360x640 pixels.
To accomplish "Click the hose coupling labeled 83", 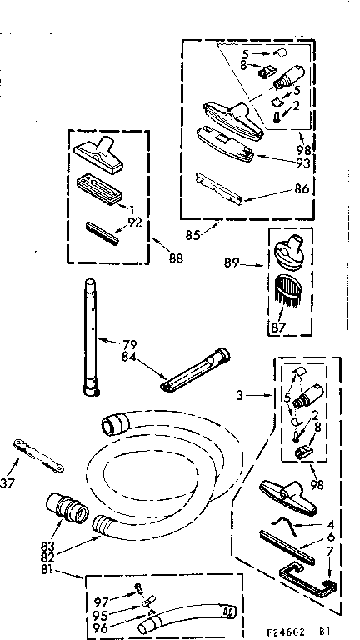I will (60, 506).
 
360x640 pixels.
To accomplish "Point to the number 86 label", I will (301, 188).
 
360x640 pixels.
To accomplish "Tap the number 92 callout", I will (133, 222).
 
